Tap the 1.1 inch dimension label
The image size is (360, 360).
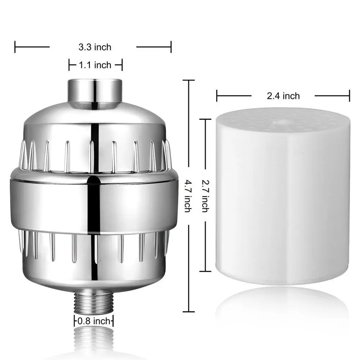[95, 65]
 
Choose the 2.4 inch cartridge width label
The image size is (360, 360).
[283, 96]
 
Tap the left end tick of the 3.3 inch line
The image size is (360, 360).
[15, 47]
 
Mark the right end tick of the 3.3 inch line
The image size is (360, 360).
[171, 47]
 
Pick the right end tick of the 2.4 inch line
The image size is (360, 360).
[349, 96]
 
